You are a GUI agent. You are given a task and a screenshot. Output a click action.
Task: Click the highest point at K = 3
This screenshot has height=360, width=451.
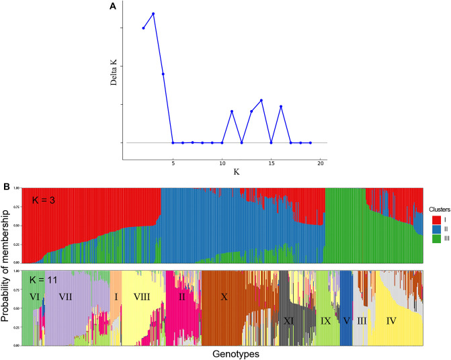pos(153,13)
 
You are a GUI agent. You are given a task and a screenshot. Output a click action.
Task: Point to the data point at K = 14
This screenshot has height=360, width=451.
pos(261,100)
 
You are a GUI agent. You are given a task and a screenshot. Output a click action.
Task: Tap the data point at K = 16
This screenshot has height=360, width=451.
pos(281,107)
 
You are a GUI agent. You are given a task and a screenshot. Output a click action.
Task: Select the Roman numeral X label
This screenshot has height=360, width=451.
pos(224,296)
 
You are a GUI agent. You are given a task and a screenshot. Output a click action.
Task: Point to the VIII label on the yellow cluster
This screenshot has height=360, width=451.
pos(142,296)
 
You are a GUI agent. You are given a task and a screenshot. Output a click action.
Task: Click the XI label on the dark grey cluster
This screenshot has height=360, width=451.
pos(290,320)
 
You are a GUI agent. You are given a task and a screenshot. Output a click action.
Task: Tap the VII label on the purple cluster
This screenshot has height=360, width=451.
pos(66,296)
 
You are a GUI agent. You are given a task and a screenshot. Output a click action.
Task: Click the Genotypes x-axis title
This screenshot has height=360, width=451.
pos(224,353)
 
